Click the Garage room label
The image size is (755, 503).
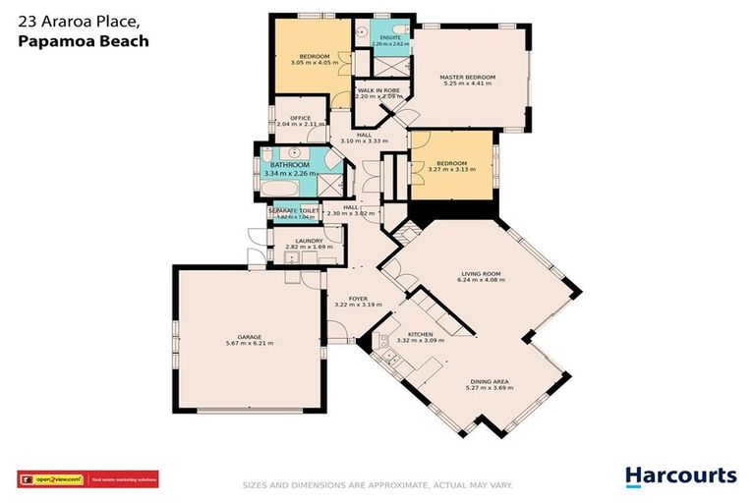pos(249,337)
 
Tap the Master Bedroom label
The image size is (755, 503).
pos(468,78)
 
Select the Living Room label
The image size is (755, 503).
pos(482,274)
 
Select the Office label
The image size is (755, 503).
pos(300,119)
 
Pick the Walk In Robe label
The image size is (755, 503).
pos(378,90)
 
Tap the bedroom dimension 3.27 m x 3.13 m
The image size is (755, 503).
pos(451,170)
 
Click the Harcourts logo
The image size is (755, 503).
pos(680,476)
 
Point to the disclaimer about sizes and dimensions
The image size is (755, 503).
pos(377,485)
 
